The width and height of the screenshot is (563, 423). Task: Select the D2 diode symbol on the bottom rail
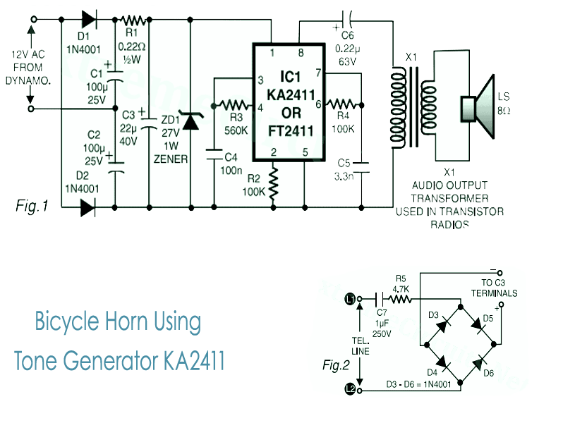(87, 207)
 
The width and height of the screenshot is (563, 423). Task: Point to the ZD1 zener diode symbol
(190, 121)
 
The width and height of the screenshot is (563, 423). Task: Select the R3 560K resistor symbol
(233, 106)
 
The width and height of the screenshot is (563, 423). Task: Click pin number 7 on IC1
(317, 73)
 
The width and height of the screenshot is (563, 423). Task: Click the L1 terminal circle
(351, 299)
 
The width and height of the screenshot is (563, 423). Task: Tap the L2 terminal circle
(351, 388)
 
